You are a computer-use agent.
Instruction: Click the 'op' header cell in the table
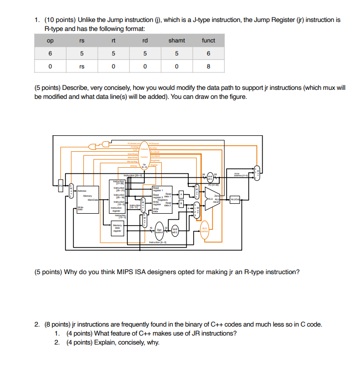(x=50, y=40)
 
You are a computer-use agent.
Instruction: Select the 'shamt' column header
(x=176, y=40)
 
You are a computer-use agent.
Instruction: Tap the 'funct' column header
(x=208, y=40)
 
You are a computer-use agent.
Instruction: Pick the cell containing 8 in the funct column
(x=208, y=65)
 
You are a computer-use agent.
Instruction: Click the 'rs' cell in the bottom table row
(x=82, y=65)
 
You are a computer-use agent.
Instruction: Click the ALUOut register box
(x=235, y=200)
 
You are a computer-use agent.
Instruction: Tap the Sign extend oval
(x=158, y=230)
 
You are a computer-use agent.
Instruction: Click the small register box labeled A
(x=182, y=193)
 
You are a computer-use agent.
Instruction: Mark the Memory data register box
(x=117, y=229)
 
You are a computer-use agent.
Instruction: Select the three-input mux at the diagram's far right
(x=256, y=173)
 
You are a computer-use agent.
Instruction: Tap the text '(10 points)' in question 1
(x=60, y=20)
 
